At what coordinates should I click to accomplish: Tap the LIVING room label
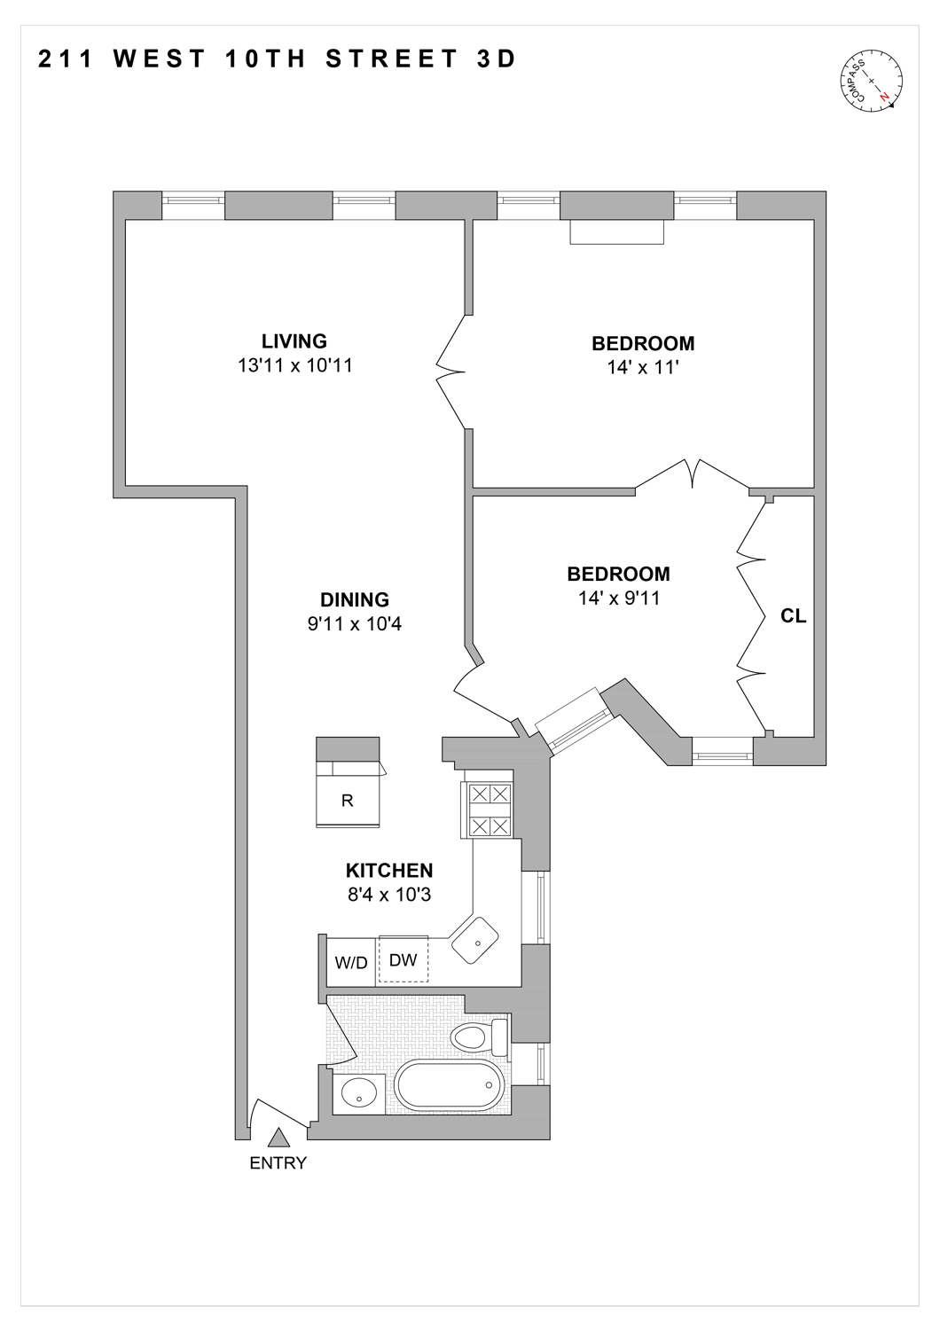294,341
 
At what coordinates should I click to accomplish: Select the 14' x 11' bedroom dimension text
643,367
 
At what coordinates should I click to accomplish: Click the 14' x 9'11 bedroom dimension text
619,598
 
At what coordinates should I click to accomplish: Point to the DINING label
355,600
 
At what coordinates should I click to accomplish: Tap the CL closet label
793,615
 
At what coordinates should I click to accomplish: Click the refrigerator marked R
348,800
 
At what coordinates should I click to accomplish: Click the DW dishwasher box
403,960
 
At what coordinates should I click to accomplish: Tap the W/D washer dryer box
351,963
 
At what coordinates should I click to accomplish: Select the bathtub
449,1085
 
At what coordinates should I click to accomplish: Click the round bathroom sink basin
359,1094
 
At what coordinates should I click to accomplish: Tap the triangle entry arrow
278,1138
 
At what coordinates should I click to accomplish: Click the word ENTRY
278,1163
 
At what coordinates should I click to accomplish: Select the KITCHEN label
389,871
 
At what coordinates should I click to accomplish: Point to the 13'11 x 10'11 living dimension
294,365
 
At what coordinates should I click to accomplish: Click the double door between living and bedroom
452,372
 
